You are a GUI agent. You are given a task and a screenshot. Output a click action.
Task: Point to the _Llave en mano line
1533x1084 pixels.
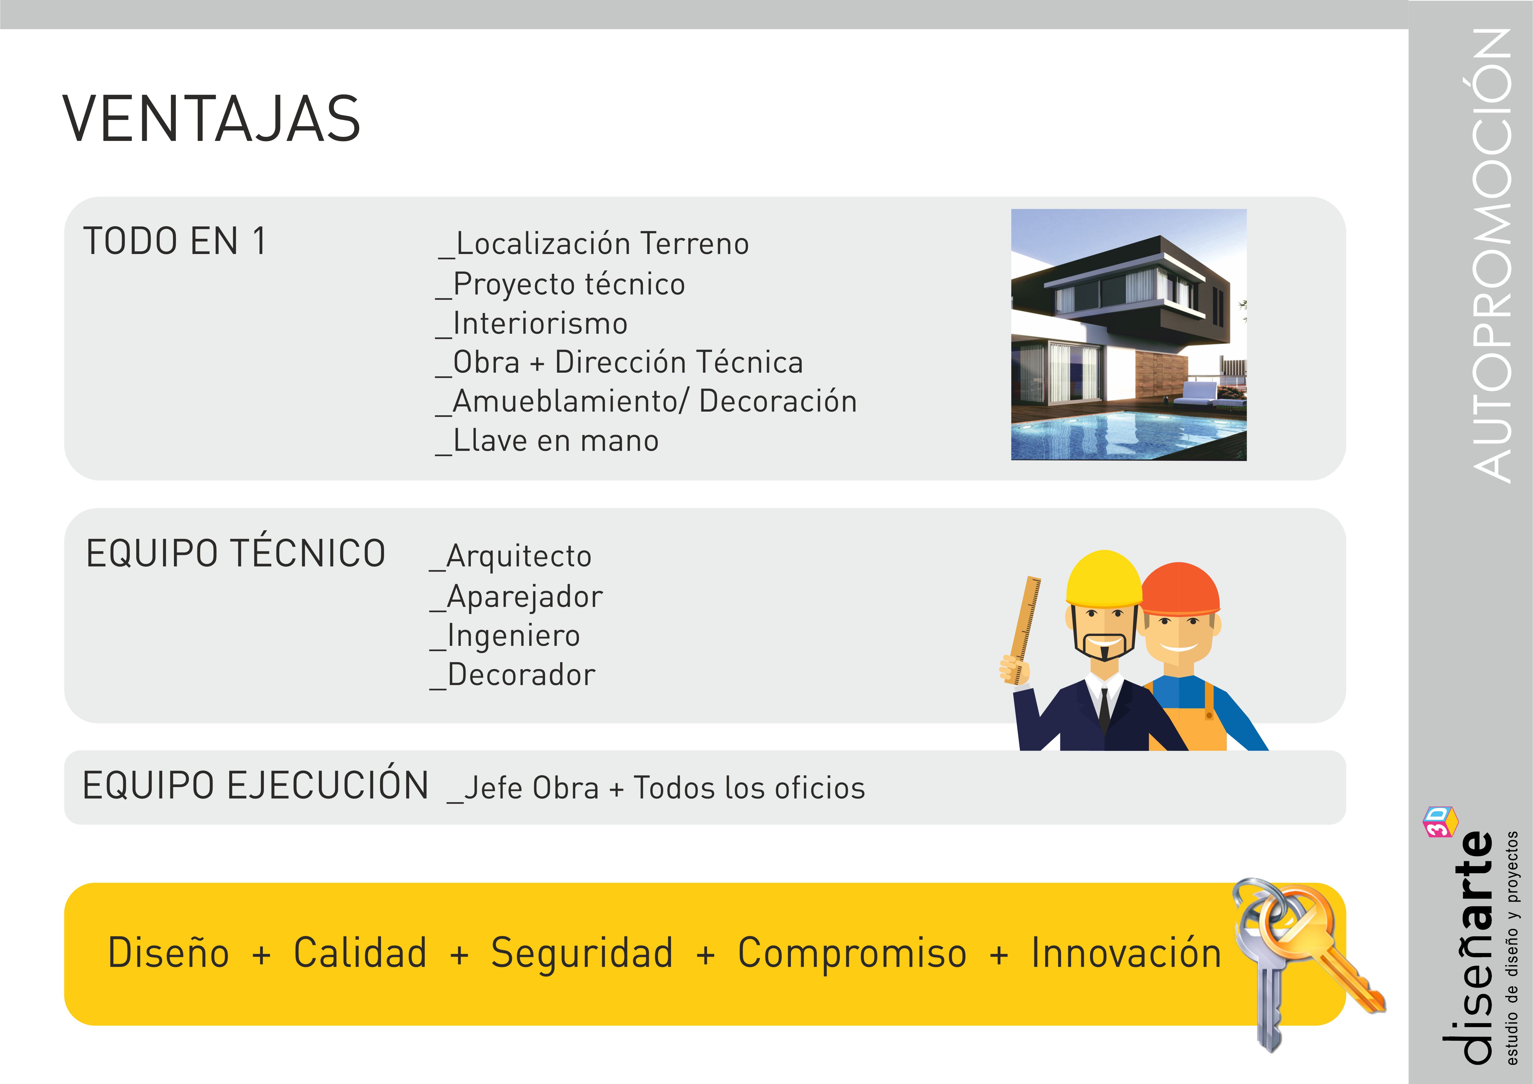click(x=547, y=441)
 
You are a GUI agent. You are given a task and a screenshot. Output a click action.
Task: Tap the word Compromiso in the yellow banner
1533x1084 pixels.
click(x=852, y=954)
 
